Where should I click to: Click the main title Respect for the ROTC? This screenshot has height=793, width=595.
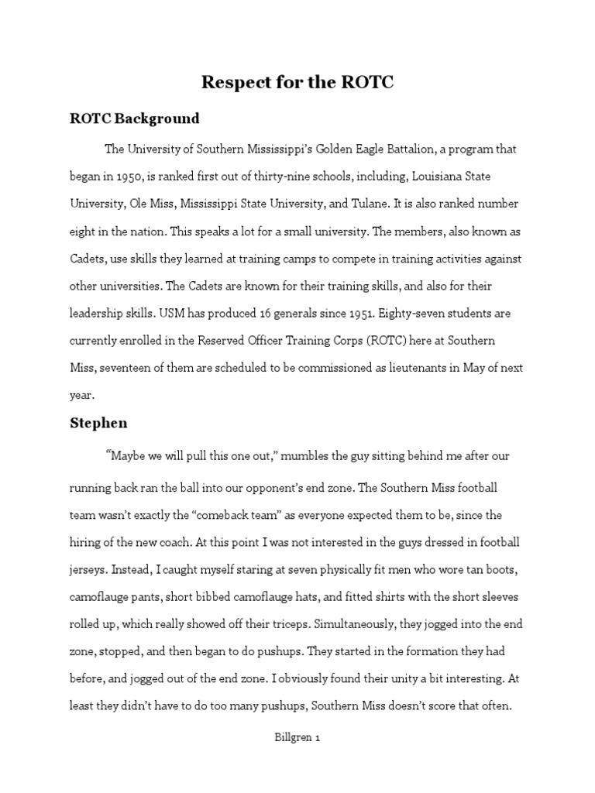(297, 82)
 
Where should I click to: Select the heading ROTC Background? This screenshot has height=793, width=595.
(134, 118)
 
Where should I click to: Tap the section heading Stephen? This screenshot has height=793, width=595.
(98, 423)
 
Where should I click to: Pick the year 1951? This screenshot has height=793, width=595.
(353, 314)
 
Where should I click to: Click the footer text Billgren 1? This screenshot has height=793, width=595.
(297, 738)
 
